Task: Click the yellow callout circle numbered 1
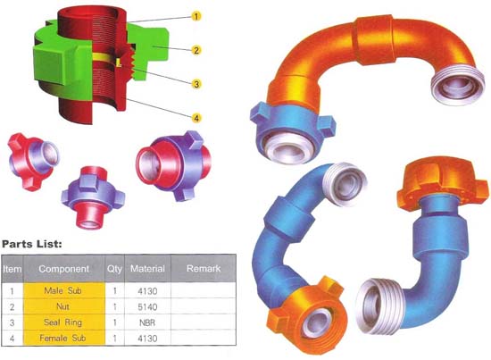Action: pos(196,16)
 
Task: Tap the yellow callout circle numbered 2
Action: pos(196,50)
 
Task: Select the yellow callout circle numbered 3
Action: pos(196,84)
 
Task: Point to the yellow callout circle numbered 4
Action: pos(196,118)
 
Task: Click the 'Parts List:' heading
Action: pos(32,244)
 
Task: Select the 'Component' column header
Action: pos(64,269)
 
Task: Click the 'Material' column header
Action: pos(147,269)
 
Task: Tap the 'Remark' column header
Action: pos(204,268)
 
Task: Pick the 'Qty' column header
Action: pos(114,269)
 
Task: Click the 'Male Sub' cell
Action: pos(63,290)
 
